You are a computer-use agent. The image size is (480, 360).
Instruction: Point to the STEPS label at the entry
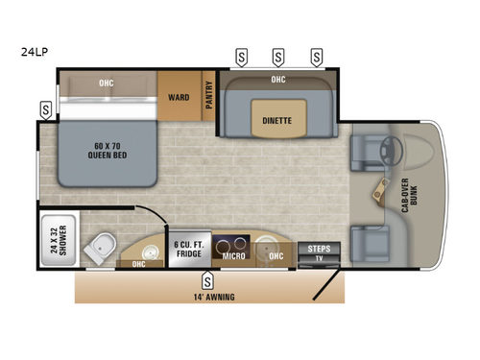pyautogui.click(x=318, y=249)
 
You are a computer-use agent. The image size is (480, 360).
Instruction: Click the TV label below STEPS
pyautogui.click(x=318, y=259)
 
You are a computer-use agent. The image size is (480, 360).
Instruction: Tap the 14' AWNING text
pyautogui.click(x=211, y=297)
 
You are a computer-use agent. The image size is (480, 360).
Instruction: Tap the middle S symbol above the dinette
pyautogui.click(x=277, y=55)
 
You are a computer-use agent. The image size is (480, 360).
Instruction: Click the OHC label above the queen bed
pyautogui.click(x=106, y=83)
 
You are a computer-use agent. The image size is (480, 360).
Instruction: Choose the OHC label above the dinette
pyautogui.click(x=278, y=80)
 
